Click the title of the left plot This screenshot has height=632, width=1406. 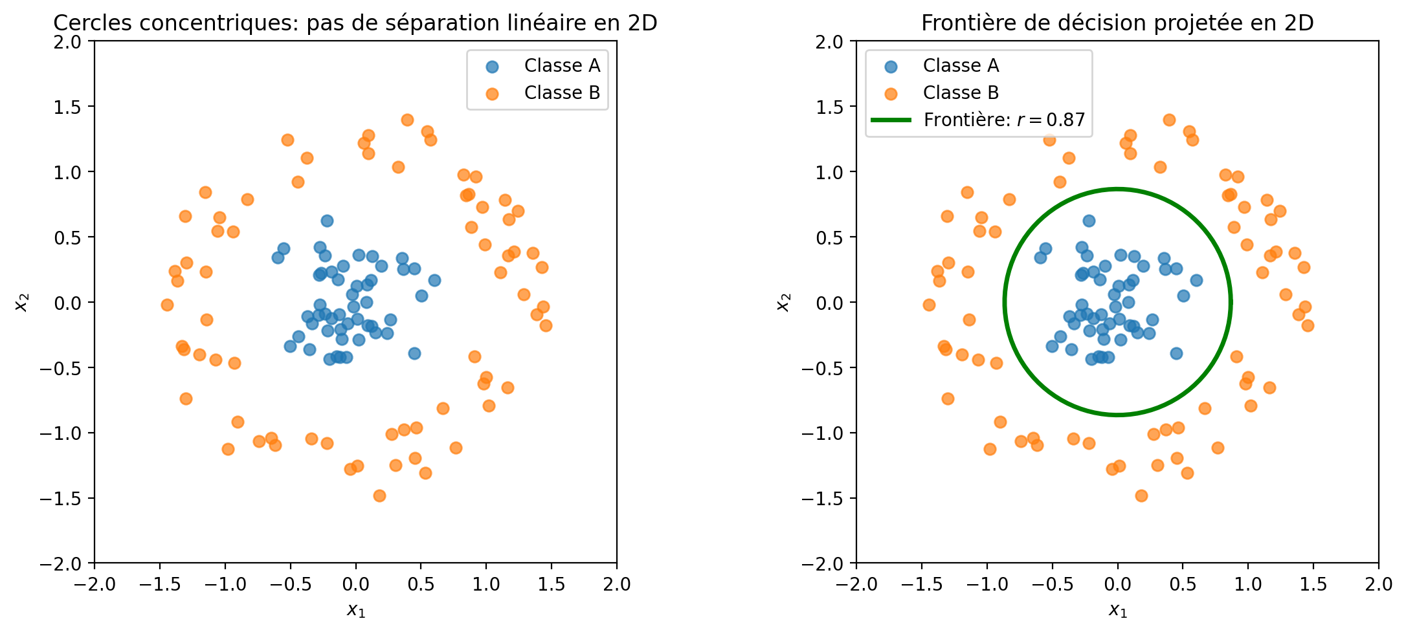tap(355, 23)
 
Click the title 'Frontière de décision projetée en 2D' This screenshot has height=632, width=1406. tap(1117, 23)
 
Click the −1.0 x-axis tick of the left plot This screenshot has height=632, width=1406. tap(225, 585)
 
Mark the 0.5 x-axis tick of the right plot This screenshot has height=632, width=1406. tap(1183, 585)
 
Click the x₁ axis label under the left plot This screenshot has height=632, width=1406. tap(355, 609)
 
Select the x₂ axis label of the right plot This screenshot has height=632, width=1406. tap(784, 302)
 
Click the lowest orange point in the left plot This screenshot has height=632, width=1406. tap(379, 496)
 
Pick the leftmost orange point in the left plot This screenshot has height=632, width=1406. tap(167, 305)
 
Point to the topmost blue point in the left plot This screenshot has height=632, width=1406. tap(327, 221)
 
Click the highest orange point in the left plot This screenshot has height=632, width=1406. tap(407, 120)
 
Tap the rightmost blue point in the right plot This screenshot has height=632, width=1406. tap(1196, 280)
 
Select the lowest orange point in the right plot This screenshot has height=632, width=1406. tap(1141, 496)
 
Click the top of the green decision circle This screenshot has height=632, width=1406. tap(1117, 189)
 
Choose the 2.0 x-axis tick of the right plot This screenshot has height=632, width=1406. tap(1378, 585)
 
